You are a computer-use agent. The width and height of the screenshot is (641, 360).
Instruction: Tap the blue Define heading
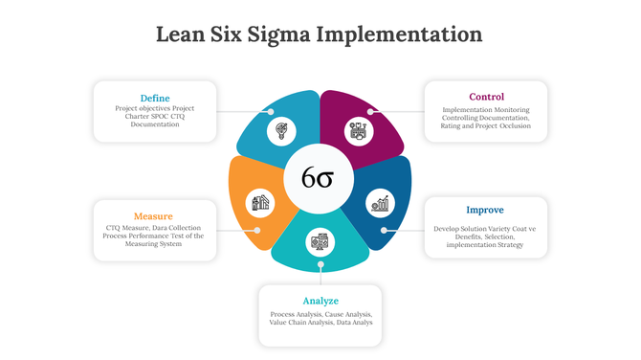(x=154, y=98)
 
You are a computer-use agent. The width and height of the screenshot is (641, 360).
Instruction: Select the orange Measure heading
(x=153, y=215)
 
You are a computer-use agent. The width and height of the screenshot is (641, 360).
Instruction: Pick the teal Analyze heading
(x=320, y=301)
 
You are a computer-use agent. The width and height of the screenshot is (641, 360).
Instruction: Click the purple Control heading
(x=486, y=97)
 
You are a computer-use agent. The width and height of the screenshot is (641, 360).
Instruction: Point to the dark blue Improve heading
(x=485, y=210)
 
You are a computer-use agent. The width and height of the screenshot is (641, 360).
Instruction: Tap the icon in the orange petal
(x=259, y=202)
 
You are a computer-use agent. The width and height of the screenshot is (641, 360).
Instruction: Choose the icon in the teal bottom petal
(x=319, y=241)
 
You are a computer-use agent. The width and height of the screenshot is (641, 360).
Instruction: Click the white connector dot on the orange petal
(x=256, y=230)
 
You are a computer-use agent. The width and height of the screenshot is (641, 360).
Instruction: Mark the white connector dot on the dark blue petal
(x=383, y=230)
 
